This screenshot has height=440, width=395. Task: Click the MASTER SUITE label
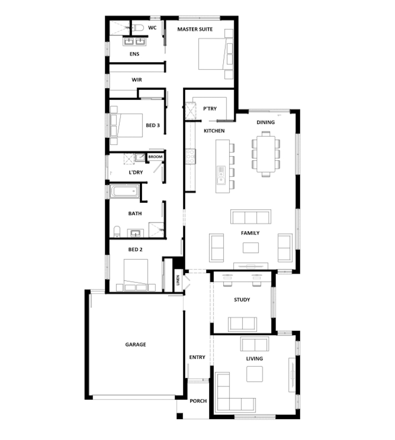195,29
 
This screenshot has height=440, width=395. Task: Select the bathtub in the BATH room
125,191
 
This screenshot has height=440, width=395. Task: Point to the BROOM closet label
155,157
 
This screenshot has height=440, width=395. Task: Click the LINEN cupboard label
178,280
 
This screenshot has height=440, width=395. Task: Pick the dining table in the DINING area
266,154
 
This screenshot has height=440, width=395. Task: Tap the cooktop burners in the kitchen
191,156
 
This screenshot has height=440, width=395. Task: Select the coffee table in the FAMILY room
251,248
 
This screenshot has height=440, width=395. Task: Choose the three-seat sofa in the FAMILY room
251,217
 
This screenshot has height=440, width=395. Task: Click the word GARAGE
136,344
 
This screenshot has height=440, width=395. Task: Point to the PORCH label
198,401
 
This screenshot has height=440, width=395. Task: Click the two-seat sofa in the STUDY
242,324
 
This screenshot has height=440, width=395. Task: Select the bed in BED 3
126,125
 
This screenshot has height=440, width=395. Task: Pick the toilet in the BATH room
117,232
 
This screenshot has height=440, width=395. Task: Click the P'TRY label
210,109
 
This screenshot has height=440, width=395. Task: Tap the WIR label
137,80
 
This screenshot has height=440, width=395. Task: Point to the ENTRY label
197,357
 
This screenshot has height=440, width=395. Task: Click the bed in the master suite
216,54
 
